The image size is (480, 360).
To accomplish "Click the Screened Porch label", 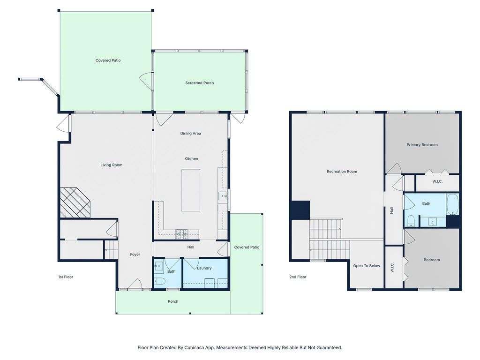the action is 199,82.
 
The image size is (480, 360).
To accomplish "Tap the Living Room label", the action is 112,165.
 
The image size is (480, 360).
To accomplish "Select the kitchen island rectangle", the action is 191,190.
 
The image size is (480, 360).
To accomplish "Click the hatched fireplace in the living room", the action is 75,202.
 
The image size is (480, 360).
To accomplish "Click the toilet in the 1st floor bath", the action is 159,281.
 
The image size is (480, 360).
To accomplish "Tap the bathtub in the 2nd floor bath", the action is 452,204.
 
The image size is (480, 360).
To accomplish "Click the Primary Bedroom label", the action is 422,145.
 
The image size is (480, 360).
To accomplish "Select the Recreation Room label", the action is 342,172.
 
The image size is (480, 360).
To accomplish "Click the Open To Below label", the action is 367,266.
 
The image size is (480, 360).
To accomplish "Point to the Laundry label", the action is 204,268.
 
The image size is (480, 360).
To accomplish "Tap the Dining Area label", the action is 190,134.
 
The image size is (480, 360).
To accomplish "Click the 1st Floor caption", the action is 66,277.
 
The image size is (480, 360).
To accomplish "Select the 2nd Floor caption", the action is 298,277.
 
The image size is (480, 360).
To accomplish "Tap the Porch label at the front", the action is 173,301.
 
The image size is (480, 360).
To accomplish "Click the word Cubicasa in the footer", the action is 194,347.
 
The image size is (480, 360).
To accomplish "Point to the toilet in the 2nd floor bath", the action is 410,220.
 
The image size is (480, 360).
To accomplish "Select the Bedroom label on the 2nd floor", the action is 432,260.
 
